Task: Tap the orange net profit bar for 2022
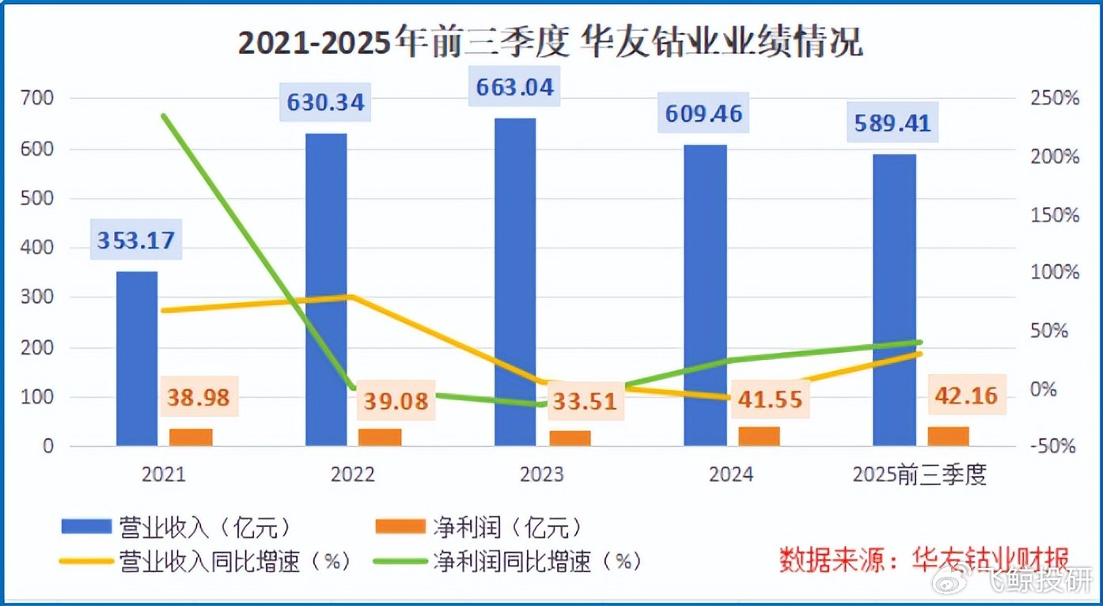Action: (x=380, y=437)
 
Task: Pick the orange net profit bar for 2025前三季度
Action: (x=948, y=436)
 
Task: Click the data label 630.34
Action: (x=326, y=102)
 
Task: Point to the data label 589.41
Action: (x=893, y=123)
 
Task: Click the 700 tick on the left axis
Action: (x=37, y=99)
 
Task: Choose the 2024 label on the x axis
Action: (x=731, y=474)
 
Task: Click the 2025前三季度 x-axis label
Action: (x=921, y=474)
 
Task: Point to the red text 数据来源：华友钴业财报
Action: (x=924, y=559)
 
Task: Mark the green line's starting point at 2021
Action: (x=164, y=116)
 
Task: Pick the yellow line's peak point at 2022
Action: (x=352, y=297)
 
